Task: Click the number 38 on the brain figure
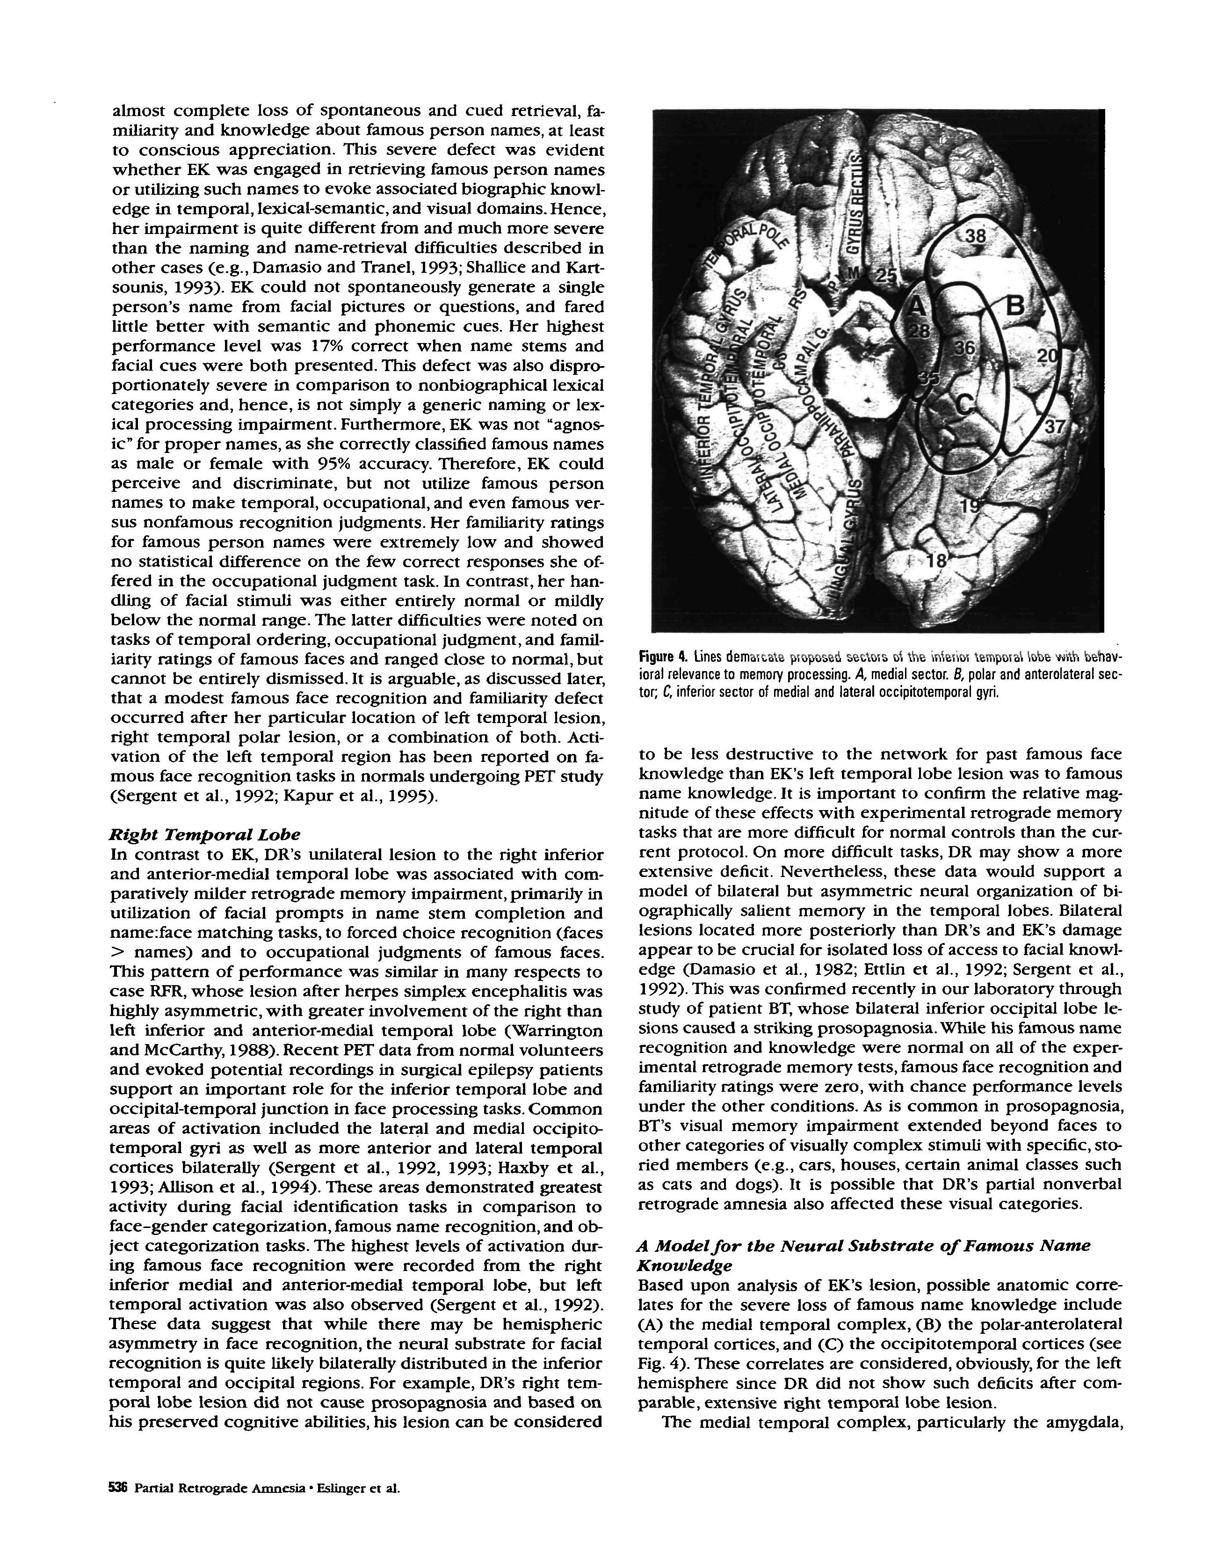coord(975,235)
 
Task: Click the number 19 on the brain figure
coord(971,505)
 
